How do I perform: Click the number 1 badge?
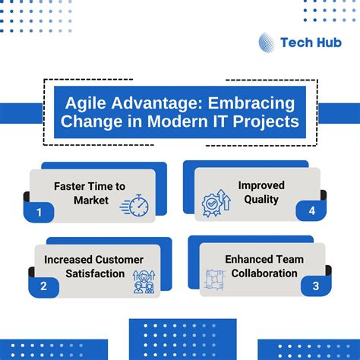point(39,214)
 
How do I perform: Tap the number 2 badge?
point(43,286)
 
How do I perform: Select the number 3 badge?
point(311,287)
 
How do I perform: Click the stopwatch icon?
point(139,206)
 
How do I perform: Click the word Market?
point(92,201)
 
